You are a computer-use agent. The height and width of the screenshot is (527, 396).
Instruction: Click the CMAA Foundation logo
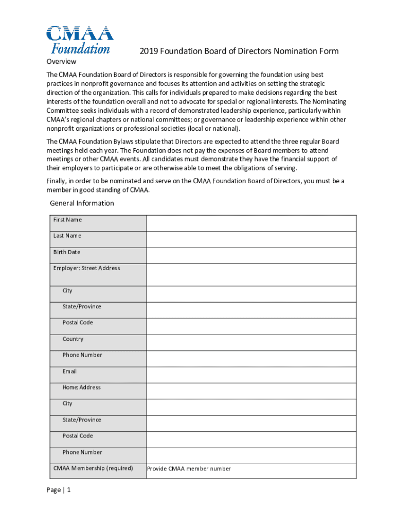(80, 40)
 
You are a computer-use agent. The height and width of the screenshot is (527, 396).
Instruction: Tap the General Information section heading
(82, 203)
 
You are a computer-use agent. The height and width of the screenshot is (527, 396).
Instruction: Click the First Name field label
(67, 220)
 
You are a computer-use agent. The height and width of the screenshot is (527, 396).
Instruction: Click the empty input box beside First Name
(251, 223)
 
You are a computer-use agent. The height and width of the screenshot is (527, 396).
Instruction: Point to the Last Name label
(67, 236)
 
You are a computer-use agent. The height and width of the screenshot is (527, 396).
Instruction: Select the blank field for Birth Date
(251, 256)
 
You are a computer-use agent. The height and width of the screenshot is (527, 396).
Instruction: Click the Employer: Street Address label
(86, 268)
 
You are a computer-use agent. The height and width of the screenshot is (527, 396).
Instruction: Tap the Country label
(73, 339)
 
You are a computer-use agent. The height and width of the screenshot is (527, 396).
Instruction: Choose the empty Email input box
(251, 375)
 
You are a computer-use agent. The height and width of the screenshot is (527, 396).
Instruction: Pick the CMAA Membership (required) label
(93, 468)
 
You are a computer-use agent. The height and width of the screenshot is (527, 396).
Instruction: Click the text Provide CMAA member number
(189, 469)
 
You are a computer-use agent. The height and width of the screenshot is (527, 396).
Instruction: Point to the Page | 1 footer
(58, 490)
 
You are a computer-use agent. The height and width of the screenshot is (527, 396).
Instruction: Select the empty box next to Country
(251, 342)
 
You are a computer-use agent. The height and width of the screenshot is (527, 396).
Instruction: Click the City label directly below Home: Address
(67, 403)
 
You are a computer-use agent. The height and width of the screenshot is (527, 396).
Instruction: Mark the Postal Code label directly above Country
(78, 323)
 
